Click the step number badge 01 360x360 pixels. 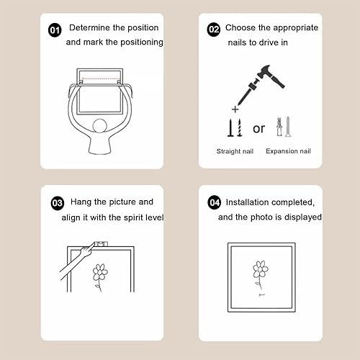click(x=55, y=30)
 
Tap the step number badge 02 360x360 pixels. click(x=214, y=30)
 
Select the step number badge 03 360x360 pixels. click(x=58, y=203)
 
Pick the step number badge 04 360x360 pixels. click(x=214, y=202)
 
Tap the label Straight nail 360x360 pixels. click(x=235, y=151)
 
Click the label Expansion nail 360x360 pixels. click(x=288, y=151)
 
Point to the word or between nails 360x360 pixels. click(x=258, y=129)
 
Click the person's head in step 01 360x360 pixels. click(x=99, y=126)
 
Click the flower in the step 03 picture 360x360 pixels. click(x=100, y=277)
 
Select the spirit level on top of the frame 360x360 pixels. click(x=101, y=244)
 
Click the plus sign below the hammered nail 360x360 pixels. click(x=235, y=109)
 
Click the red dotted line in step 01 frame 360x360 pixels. click(x=101, y=78)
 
